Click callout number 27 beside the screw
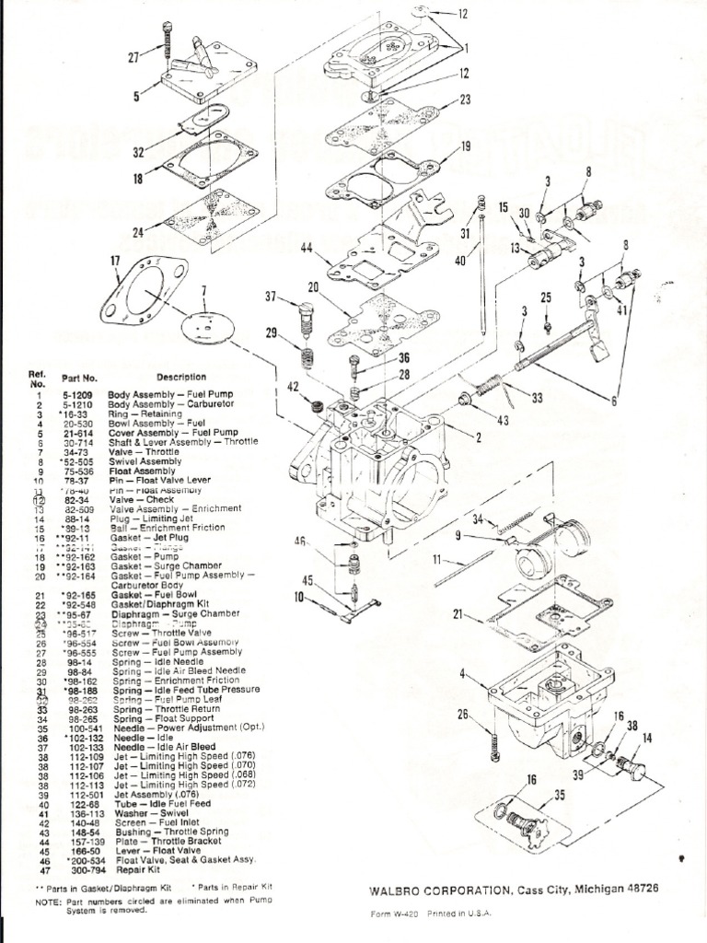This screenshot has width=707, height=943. (131, 56)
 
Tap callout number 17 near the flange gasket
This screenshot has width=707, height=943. (115, 262)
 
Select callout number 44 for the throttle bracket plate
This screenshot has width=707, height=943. (305, 247)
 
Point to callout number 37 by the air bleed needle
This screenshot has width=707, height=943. (272, 297)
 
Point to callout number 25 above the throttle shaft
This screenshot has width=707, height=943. (546, 297)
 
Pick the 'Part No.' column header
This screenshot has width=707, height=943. (78, 378)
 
